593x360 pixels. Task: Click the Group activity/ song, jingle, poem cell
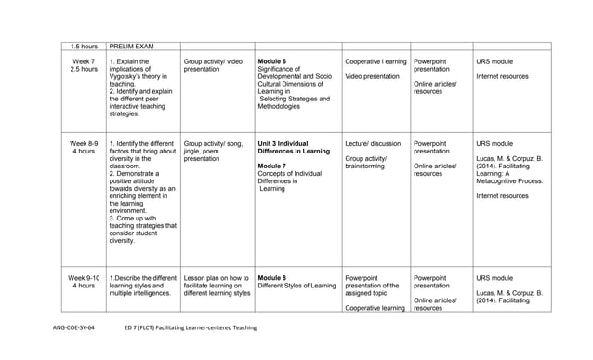pyautogui.click(x=215, y=152)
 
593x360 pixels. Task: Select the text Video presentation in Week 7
pyautogui.click(x=372, y=76)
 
